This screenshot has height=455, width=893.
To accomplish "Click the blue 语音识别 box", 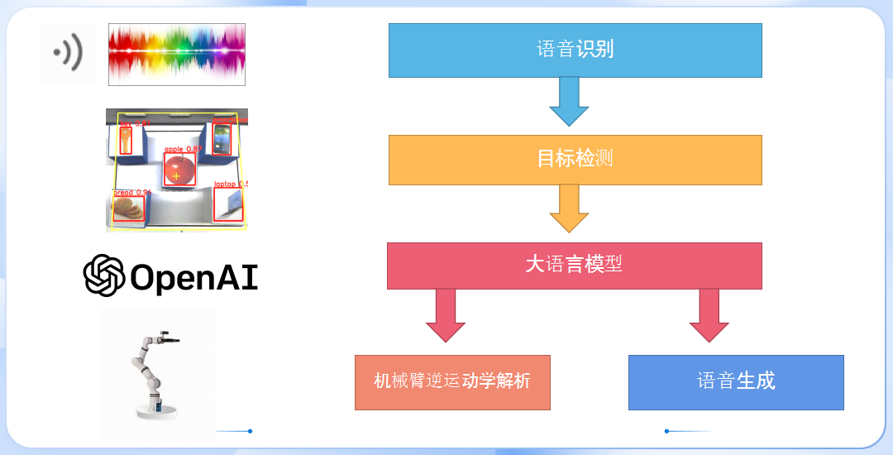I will coord(575,50).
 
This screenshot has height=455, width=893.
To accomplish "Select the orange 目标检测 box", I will coord(575,159).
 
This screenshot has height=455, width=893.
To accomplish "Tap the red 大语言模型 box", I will coord(574,265).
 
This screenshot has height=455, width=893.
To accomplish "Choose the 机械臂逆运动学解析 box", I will coord(452,381).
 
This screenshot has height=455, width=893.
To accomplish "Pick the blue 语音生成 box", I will coord(736,381).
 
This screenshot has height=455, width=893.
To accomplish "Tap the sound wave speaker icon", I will coord(68,54).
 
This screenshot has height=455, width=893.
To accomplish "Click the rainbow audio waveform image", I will coord(177,54).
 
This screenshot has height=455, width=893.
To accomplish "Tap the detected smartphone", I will coord(221,139).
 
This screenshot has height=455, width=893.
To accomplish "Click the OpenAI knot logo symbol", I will coord(104,275).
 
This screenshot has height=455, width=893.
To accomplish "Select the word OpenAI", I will coord(194,277).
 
